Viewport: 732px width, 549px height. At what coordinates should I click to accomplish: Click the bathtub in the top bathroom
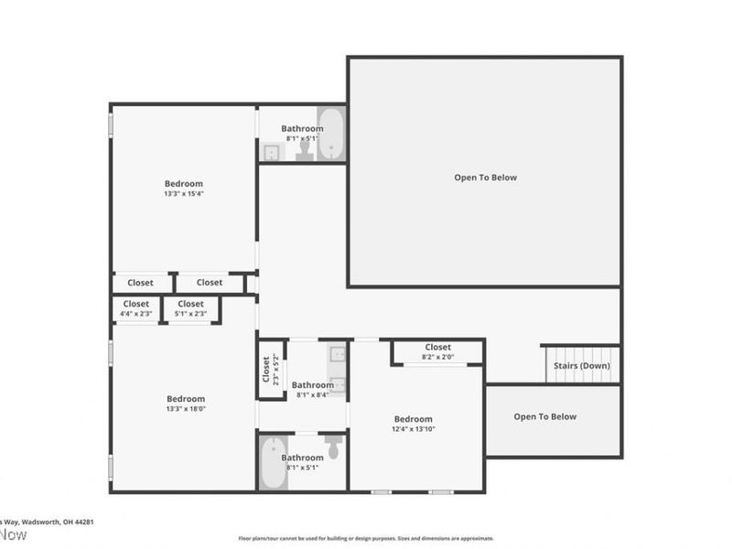click(331, 135)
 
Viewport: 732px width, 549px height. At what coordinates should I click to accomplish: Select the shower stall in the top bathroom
click(272, 153)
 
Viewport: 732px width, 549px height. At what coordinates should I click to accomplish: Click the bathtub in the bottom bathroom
click(273, 463)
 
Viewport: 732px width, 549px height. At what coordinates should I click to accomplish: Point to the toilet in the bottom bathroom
click(333, 447)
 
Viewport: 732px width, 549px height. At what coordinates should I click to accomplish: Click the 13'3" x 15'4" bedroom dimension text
click(184, 194)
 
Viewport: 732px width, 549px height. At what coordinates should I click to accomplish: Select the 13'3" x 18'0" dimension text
click(186, 409)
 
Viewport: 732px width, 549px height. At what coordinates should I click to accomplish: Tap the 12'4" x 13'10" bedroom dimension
click(414, 428)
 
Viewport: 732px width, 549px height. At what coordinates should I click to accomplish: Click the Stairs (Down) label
click(582, 366)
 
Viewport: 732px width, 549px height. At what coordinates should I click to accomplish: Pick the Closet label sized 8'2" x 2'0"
click(437, 348)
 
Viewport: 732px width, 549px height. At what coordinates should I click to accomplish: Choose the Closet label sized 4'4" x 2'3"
click(136, 304)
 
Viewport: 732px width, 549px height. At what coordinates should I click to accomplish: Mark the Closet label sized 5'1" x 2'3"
click(190, 304)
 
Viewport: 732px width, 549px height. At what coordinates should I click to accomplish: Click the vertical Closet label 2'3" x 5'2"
click(267, 370)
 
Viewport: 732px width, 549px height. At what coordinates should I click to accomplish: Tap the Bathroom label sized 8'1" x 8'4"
click(313, 386)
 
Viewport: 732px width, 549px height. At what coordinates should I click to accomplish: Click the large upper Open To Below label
click(485, 178)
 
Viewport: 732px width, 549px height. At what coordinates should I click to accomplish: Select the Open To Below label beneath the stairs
click(544, 417)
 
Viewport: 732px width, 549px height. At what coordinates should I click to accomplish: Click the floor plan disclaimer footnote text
click(366, 539)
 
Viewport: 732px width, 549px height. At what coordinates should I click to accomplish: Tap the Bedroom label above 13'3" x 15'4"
click(184, 184)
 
